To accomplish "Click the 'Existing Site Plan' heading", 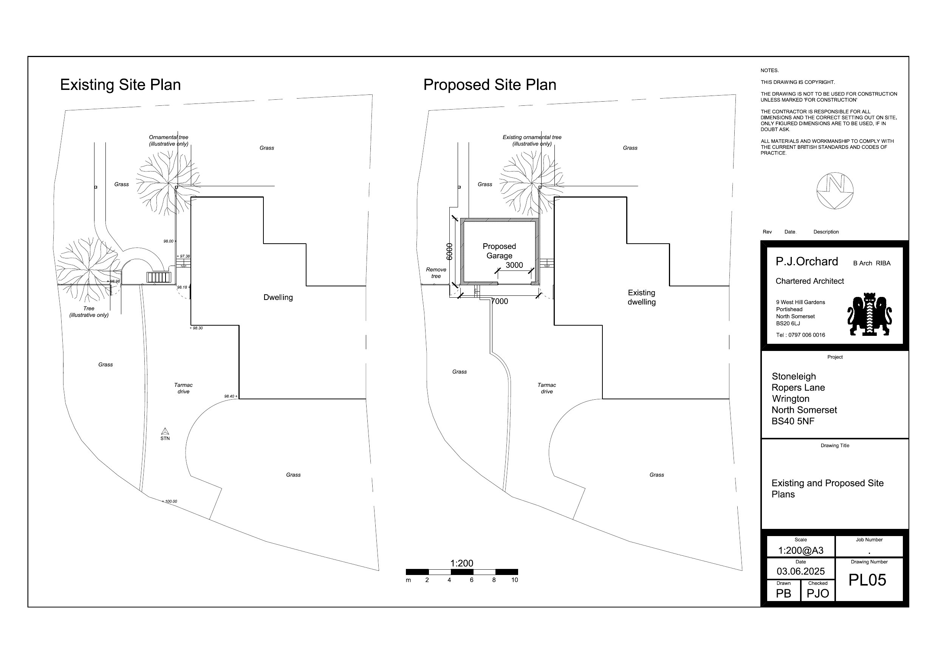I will point(120,85).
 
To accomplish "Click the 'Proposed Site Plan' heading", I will point(489,85).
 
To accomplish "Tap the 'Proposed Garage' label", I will point(499,251).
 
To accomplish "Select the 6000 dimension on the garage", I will point(449,252).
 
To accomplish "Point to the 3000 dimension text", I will point(514,265).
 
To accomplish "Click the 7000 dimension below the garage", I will point(499,301).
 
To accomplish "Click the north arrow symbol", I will point(835,191).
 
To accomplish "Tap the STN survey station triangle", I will point(165,431).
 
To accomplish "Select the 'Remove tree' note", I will point(436,273).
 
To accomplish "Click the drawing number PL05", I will point(867,580).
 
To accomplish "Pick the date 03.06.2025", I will point(800,571).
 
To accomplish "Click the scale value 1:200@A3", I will point(800,550).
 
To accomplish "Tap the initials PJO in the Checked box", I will point(817,593).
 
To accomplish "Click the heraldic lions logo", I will point(869,314).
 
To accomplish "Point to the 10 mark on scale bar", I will point(514,580).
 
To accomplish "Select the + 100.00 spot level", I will point(170,501).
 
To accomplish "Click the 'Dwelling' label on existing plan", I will point(278,297).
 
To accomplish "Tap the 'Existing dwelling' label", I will point(641,297).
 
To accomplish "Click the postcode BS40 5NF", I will point(793,421).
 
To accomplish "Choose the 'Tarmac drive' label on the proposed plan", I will point(546,388).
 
